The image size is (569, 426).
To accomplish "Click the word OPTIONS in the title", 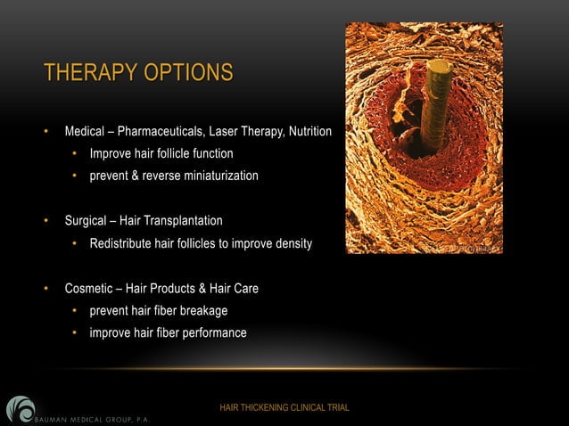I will pyautogui.click(x=189, y=73).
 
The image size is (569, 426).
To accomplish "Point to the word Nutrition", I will pyautogui.click(x=309, y=133).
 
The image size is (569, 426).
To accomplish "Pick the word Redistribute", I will pyautogui.click(x=121, y=243).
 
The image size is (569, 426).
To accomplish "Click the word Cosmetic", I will pyautogui.click(x=89, y=289).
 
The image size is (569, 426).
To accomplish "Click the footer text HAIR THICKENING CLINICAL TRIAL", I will pyautogui.click(x=284, y=408).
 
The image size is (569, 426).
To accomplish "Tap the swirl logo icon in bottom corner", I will pyautogui.click(x=19, y=408).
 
